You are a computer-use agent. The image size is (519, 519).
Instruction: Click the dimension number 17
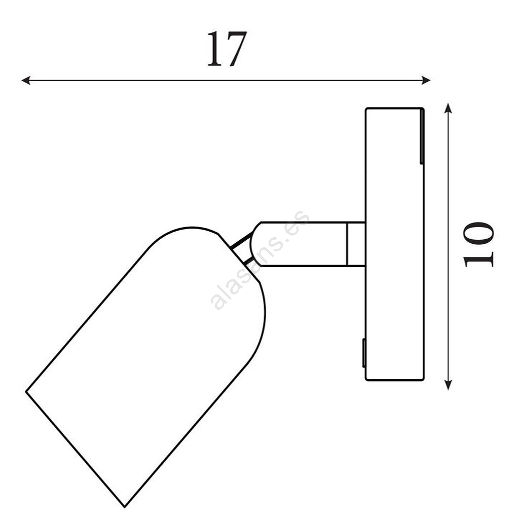click(x=227, y=49)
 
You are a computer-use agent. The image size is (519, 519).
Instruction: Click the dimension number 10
click(x=478, y=244)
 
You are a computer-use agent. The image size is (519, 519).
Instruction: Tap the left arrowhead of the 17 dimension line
click(x=26, y=80)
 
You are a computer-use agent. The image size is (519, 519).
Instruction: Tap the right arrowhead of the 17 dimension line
click(x=426, y=80)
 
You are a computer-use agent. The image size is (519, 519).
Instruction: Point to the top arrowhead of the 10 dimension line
click(x=448, y=108)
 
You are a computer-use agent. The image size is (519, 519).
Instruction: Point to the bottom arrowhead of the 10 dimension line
click(x=448, y=385)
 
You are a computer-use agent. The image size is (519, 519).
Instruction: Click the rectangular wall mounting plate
click(x=394, y=244)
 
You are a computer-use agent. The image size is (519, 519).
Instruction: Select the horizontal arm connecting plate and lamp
click(x=308, y=244)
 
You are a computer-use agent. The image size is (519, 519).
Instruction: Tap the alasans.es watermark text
click(x=260, y=260)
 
